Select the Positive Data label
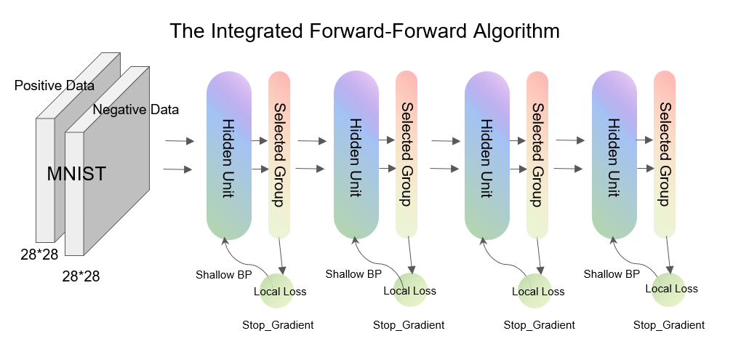[x=55, y=86]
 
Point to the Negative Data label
[x=136, y=110]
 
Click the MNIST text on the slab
[x=76, y=174]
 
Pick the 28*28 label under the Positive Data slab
[x=39, y=254]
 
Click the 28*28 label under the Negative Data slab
[x=81, y=276]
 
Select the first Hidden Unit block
[x=229, y=156]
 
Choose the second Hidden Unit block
[x=356, y=156]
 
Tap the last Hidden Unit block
[x=614, y=156]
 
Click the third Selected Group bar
[x=537, y=155]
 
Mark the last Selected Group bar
[x=665, y=155]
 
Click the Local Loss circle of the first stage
[x=280, y=291]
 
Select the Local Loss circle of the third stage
[x=535, y=291]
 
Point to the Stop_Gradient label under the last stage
[x=669, y=325]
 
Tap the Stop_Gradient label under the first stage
[x=278, y=325]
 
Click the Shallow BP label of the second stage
[x=353, y=274]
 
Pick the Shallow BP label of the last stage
[x=612, y=274]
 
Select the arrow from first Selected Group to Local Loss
[x=281, y=256]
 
